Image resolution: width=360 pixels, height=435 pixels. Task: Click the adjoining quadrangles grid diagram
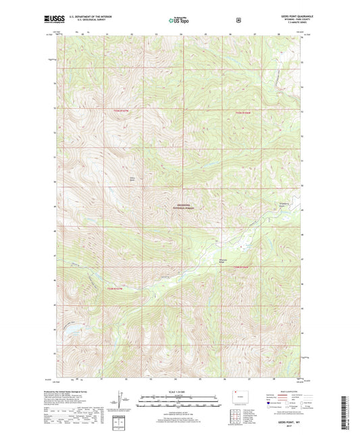pos(236,422)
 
